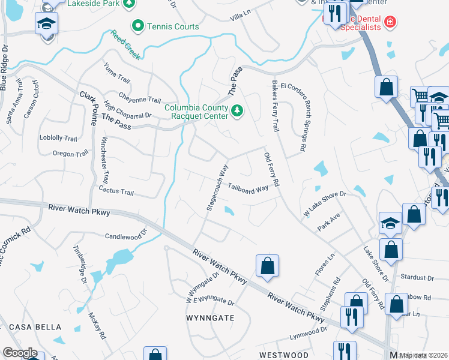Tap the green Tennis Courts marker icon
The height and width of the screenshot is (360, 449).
(x=138, y=26)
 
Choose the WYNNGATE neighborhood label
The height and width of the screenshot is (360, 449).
(x=210, y=317)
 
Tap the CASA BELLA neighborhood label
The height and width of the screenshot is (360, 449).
(x=35, y=327)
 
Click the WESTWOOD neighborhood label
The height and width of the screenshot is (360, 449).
(x=284, y=355)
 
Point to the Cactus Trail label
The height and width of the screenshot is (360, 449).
(x=116, y=191)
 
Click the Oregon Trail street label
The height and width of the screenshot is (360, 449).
(x=71, y=154)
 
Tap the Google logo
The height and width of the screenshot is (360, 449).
(x=20, y=353)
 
